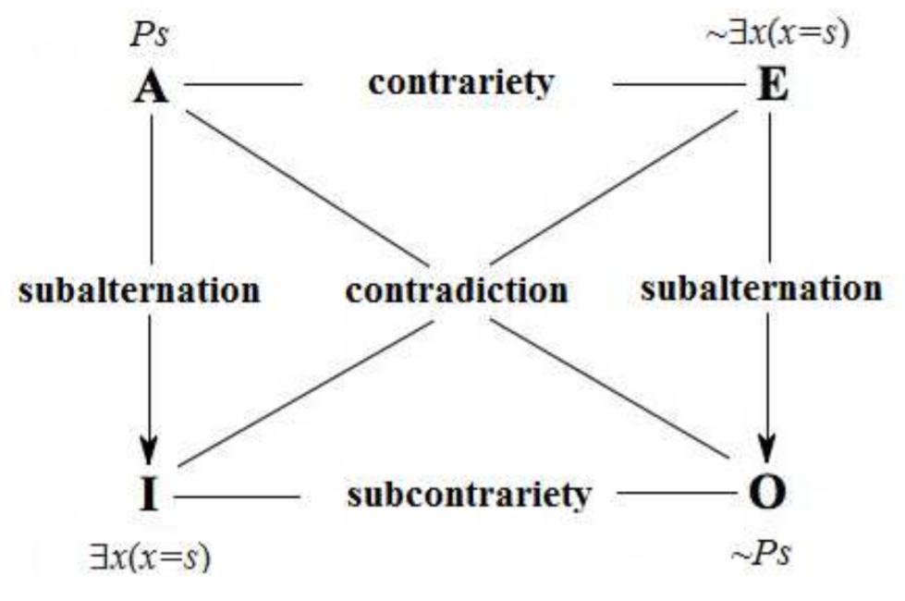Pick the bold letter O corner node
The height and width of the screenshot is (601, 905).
click(x=767, y=495)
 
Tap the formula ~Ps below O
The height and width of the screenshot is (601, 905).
click(x=761, y=555)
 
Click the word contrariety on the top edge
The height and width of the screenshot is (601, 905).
click(x=460, y=82)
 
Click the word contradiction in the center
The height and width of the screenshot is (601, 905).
click(x=457, y=291)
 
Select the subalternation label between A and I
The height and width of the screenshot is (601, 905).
click(x=139, y=290)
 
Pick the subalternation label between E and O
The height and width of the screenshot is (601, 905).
click(x=761, y=288)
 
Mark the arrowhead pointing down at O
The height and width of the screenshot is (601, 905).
click(x=768, y=453)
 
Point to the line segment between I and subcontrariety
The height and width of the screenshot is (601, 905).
click(x=236, y=497)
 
